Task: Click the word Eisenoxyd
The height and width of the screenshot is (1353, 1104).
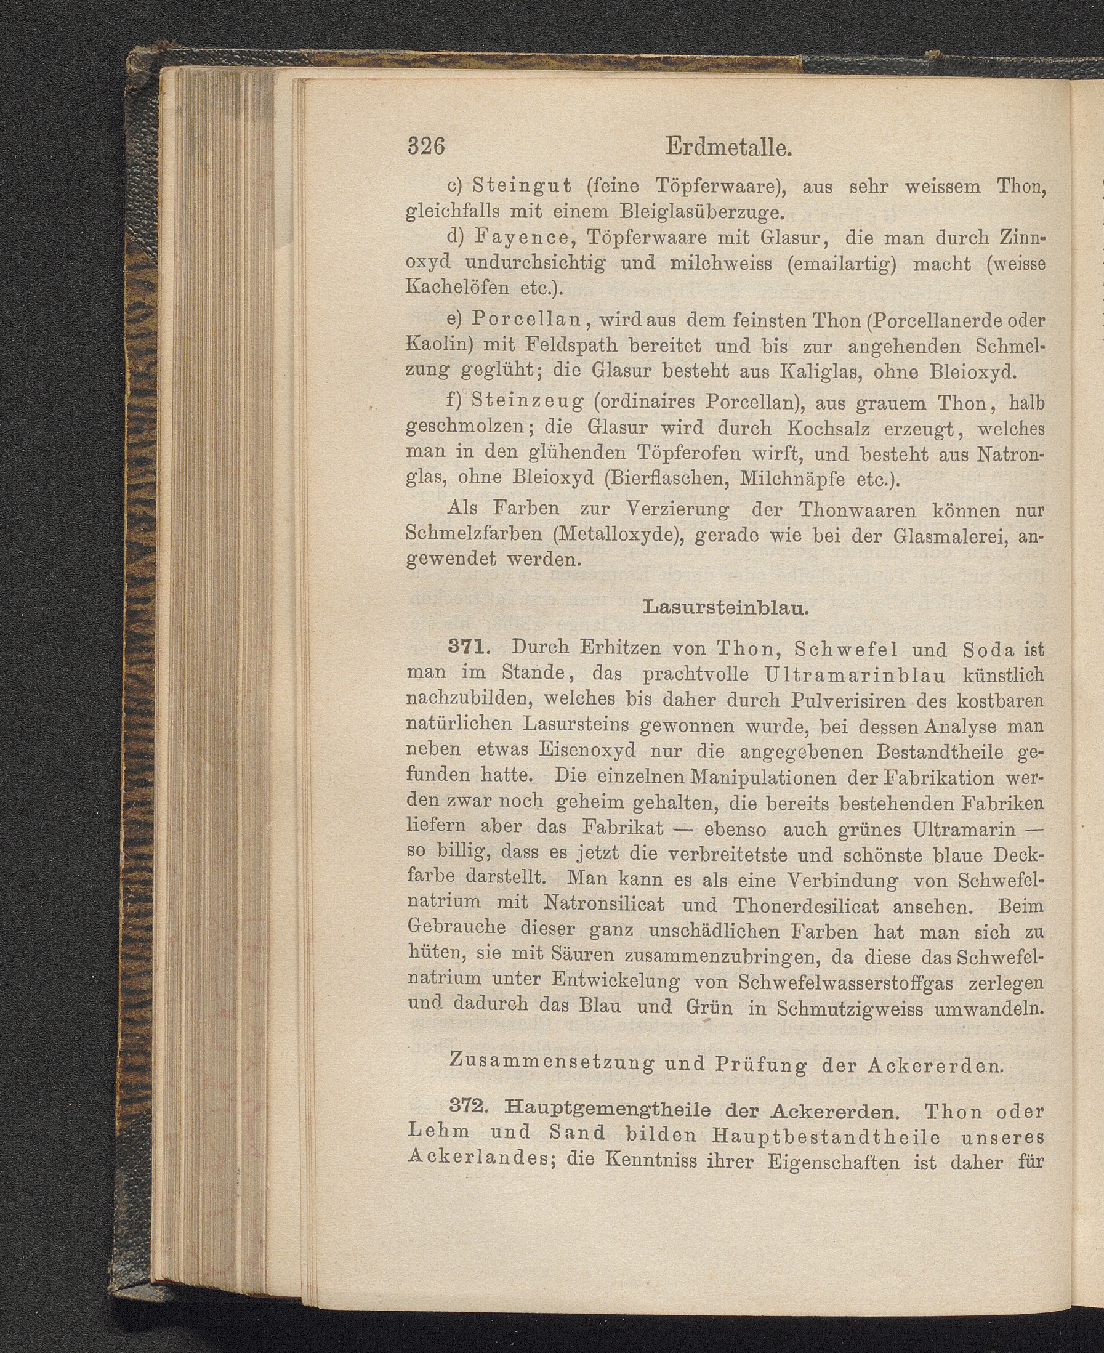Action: [586, 751]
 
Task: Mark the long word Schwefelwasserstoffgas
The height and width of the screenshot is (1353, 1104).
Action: [845, 983]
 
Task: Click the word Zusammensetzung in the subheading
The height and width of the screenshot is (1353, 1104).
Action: [547, 1063]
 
